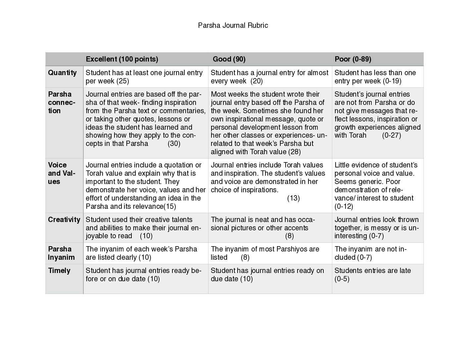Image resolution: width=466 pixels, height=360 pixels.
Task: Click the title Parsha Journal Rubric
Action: (x=233, y=25)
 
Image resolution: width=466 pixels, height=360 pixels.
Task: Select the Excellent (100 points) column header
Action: (x=122, y=59)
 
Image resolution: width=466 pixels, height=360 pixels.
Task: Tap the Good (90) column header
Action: (x=229, y=59)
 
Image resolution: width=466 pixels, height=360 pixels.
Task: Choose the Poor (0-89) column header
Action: (x=353, y=59)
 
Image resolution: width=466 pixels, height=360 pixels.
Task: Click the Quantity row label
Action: (x=62, y=73)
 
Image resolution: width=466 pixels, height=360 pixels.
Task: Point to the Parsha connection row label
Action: (x=61, y=102)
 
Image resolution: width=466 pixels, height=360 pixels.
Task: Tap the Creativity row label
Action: (x=64, y=220)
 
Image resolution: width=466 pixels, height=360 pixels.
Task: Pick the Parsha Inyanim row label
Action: (x=61, y=253)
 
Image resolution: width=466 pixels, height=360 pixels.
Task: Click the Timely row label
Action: (x=59, y=271)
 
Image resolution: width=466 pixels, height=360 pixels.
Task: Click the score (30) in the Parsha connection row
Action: (x=174, y=144)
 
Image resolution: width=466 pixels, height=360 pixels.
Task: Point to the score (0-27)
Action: (x=391, y=135)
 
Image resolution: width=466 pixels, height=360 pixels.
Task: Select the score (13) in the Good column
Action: (x=293, y=198)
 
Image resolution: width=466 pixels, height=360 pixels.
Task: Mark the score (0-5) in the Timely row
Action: (x=342, y=279)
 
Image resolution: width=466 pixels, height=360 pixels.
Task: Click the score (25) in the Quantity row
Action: (x=122, y=81)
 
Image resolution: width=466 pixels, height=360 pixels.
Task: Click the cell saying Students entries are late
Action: (x=373, y=271)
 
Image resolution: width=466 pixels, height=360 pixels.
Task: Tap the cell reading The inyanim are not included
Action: (x=370, y=253)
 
